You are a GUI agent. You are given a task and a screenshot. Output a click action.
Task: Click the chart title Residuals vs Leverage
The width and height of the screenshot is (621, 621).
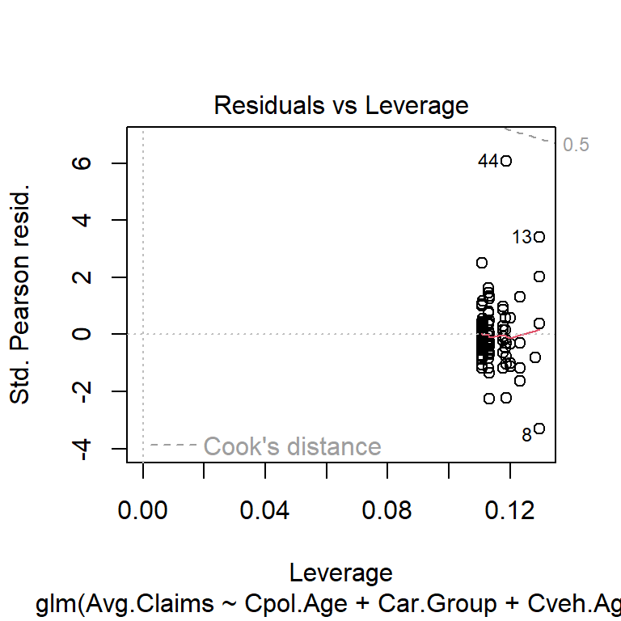(x=340, y=106)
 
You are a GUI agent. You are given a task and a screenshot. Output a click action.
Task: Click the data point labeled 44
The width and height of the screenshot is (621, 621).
(x=505, y=161)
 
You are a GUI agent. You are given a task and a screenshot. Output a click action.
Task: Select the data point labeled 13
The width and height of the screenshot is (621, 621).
(x=539, y=237)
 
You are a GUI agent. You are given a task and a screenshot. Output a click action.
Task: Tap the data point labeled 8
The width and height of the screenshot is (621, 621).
(x=539, y=428)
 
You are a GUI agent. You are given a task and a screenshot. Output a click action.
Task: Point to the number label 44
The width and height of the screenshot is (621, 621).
(x=488, y=162)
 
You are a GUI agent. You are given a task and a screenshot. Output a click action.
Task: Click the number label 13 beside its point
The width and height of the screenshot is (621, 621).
(x=522, y=238)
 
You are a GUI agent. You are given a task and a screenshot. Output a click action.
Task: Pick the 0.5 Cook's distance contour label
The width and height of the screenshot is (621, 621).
(x=577, y=146)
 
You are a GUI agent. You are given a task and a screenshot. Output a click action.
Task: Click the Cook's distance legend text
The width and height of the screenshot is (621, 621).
(x=292, y=446)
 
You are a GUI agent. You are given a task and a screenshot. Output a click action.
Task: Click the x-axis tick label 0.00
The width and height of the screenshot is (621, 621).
(x=143, y=511)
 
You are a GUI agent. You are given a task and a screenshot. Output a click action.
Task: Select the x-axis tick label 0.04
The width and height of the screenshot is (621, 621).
(x=265, y=511)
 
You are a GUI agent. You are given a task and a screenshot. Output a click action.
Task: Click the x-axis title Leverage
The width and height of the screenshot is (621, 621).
(x=340, y=573)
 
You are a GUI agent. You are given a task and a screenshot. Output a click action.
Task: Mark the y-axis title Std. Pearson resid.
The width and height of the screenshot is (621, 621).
(x=22, y=295)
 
